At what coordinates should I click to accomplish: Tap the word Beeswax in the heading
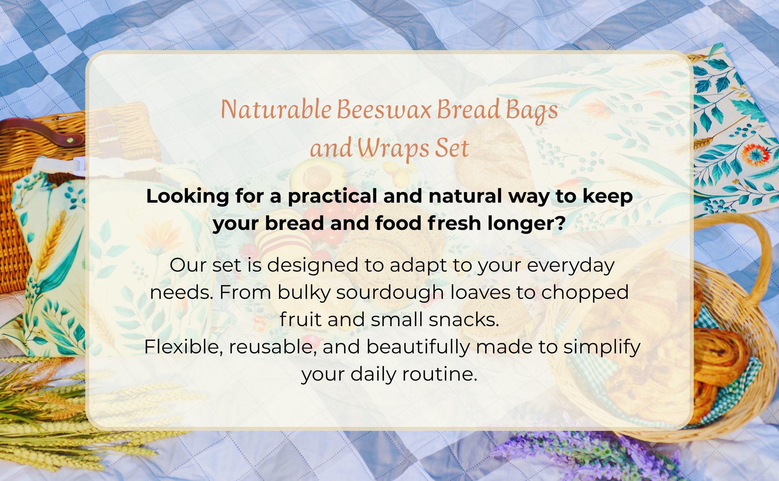click(x=384, y=109)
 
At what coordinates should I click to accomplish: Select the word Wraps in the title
click(x=393, y=148)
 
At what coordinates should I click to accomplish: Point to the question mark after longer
click(x=561, y=222)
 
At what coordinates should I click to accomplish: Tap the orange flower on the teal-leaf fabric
click(x=755, y=154)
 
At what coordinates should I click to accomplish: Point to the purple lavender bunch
click(x=584, y=456)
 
